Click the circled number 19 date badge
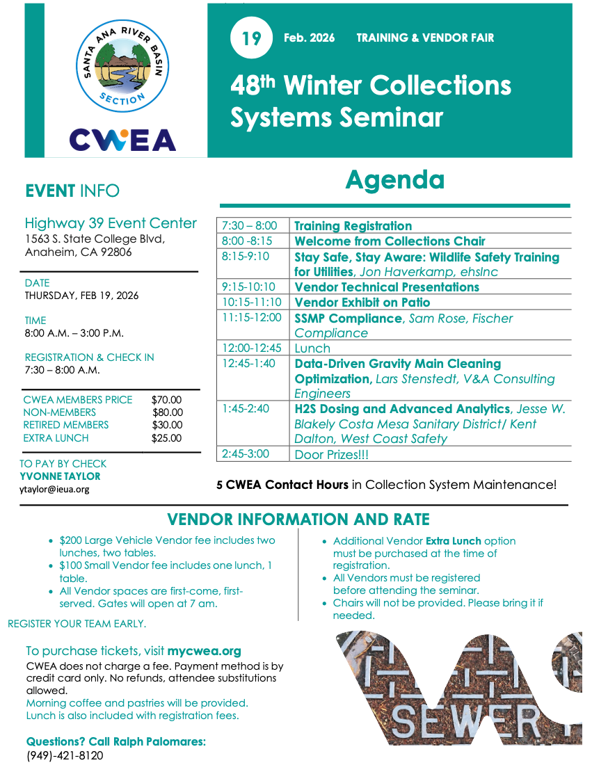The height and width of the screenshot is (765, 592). (251, 38)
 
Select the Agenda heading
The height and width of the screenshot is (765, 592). (394, 179)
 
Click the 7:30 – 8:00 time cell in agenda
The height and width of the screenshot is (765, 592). (249, 226)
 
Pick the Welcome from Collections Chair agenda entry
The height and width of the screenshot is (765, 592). (390, 241)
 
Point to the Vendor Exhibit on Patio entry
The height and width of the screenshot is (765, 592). (362, 303)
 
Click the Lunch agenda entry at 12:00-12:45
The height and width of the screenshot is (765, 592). (312, 348)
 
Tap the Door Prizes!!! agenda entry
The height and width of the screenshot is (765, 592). (331, 454)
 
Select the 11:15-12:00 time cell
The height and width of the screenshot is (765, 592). (252, 318)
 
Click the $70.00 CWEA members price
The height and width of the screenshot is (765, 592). (166, 400)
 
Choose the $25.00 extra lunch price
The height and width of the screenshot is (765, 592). (166, 438)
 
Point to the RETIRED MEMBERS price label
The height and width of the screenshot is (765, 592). (66, 425)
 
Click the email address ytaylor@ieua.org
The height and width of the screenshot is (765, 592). (54, 490)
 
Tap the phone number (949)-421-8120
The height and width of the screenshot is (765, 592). (65, 755)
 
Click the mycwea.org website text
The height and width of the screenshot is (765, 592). (204, 652)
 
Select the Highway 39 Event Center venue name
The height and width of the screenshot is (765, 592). (111, 223)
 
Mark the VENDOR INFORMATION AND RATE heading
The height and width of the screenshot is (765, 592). (298, 520)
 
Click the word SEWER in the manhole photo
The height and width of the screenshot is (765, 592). (473, 723)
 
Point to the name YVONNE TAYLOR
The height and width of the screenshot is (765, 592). (60, 476)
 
